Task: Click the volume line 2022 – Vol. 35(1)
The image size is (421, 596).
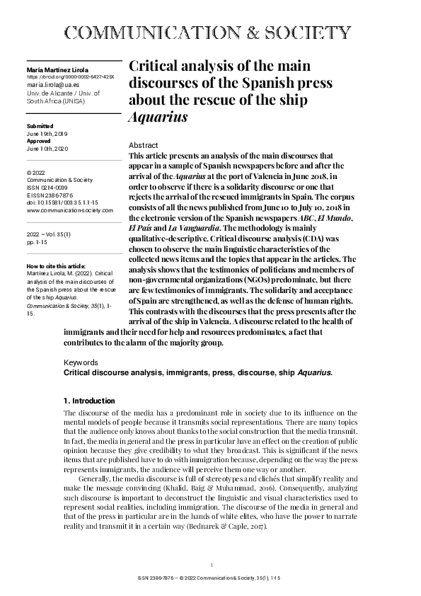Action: [51, 231]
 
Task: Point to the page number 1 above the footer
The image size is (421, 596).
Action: [212, 564]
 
